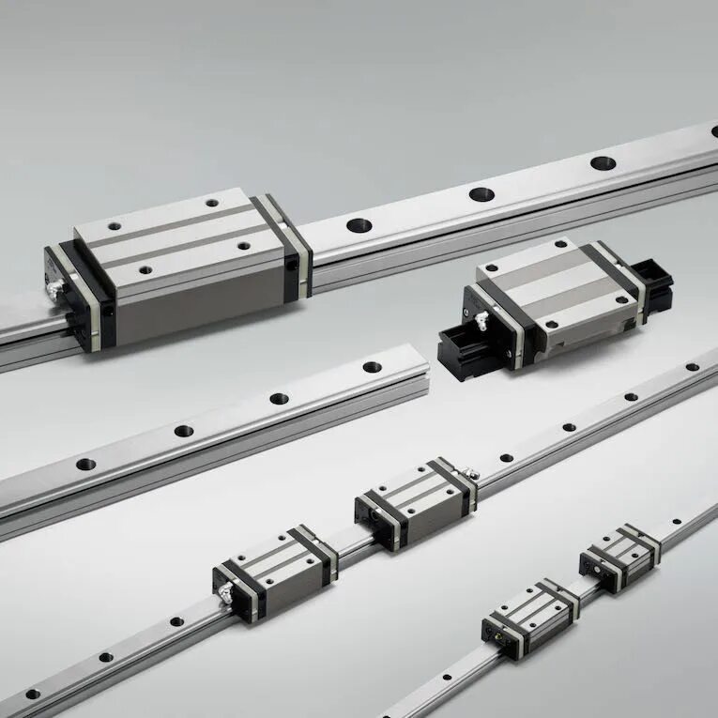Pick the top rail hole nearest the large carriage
point(359,225)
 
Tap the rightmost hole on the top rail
point(603,162)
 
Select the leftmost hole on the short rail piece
point(85,464)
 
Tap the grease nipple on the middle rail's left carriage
point(225,588)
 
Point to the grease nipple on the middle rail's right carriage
point(474,474)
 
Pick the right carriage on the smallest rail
point(619,556)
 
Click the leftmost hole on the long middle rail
point(33,694)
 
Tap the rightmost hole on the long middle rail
point(692,367)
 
